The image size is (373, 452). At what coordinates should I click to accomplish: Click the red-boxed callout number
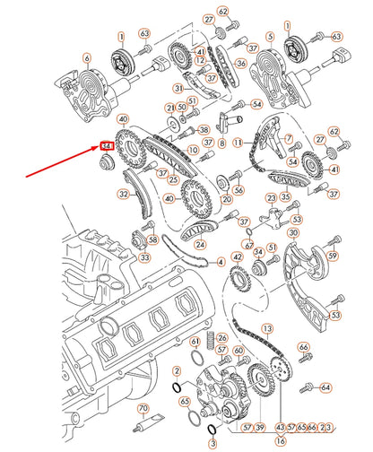click(107, 144)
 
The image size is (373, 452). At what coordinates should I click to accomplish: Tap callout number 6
click(87, 58)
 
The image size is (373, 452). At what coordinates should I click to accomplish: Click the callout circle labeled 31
click(178, 88)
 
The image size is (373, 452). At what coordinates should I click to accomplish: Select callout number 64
click(325, 387)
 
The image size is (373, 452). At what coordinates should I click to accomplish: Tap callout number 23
click(270, 197)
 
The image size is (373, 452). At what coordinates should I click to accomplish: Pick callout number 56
click(239, 189)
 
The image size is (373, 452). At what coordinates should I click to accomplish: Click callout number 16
click(281, 441)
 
